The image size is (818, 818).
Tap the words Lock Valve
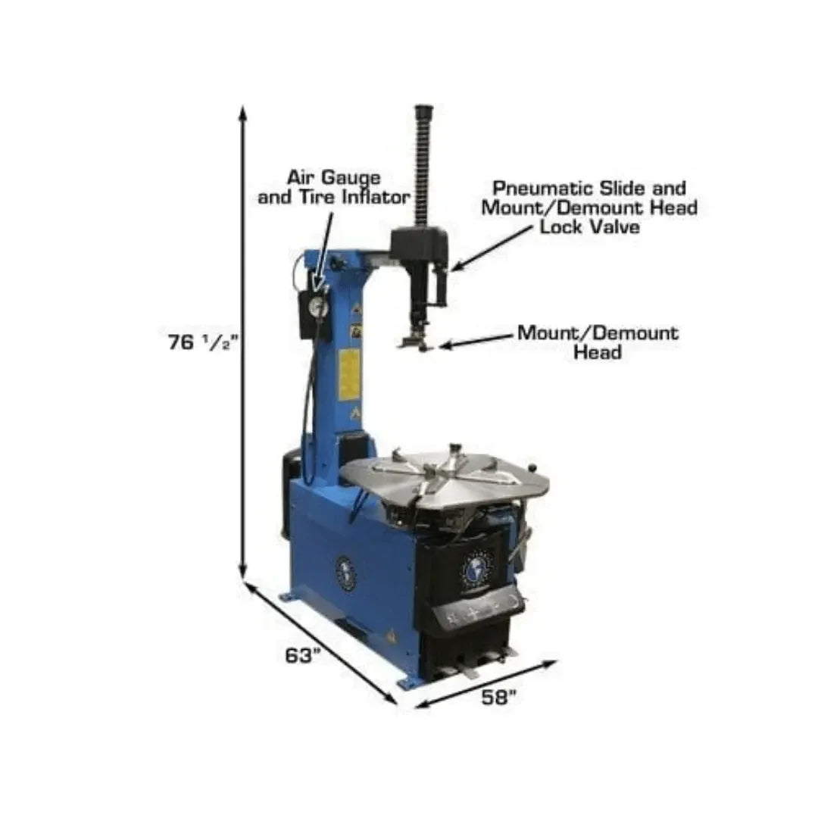pos(589,226)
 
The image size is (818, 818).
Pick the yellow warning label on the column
pos(348,374)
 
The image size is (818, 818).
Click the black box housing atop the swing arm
pos(420,243)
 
